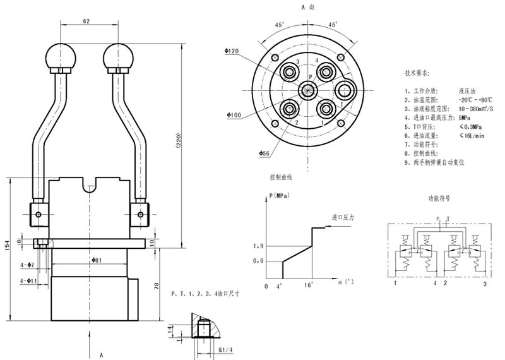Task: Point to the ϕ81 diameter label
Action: pyautogui.click(x=97, y=260)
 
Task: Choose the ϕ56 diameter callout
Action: pyautogui.click(x=265, y=153)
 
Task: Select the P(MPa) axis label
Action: pyautogui.click(x=282, y=196)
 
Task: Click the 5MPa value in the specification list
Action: pyautogui.click(x=465, y=117)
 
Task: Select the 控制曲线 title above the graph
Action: pyautogui.click(x=281, y=177)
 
